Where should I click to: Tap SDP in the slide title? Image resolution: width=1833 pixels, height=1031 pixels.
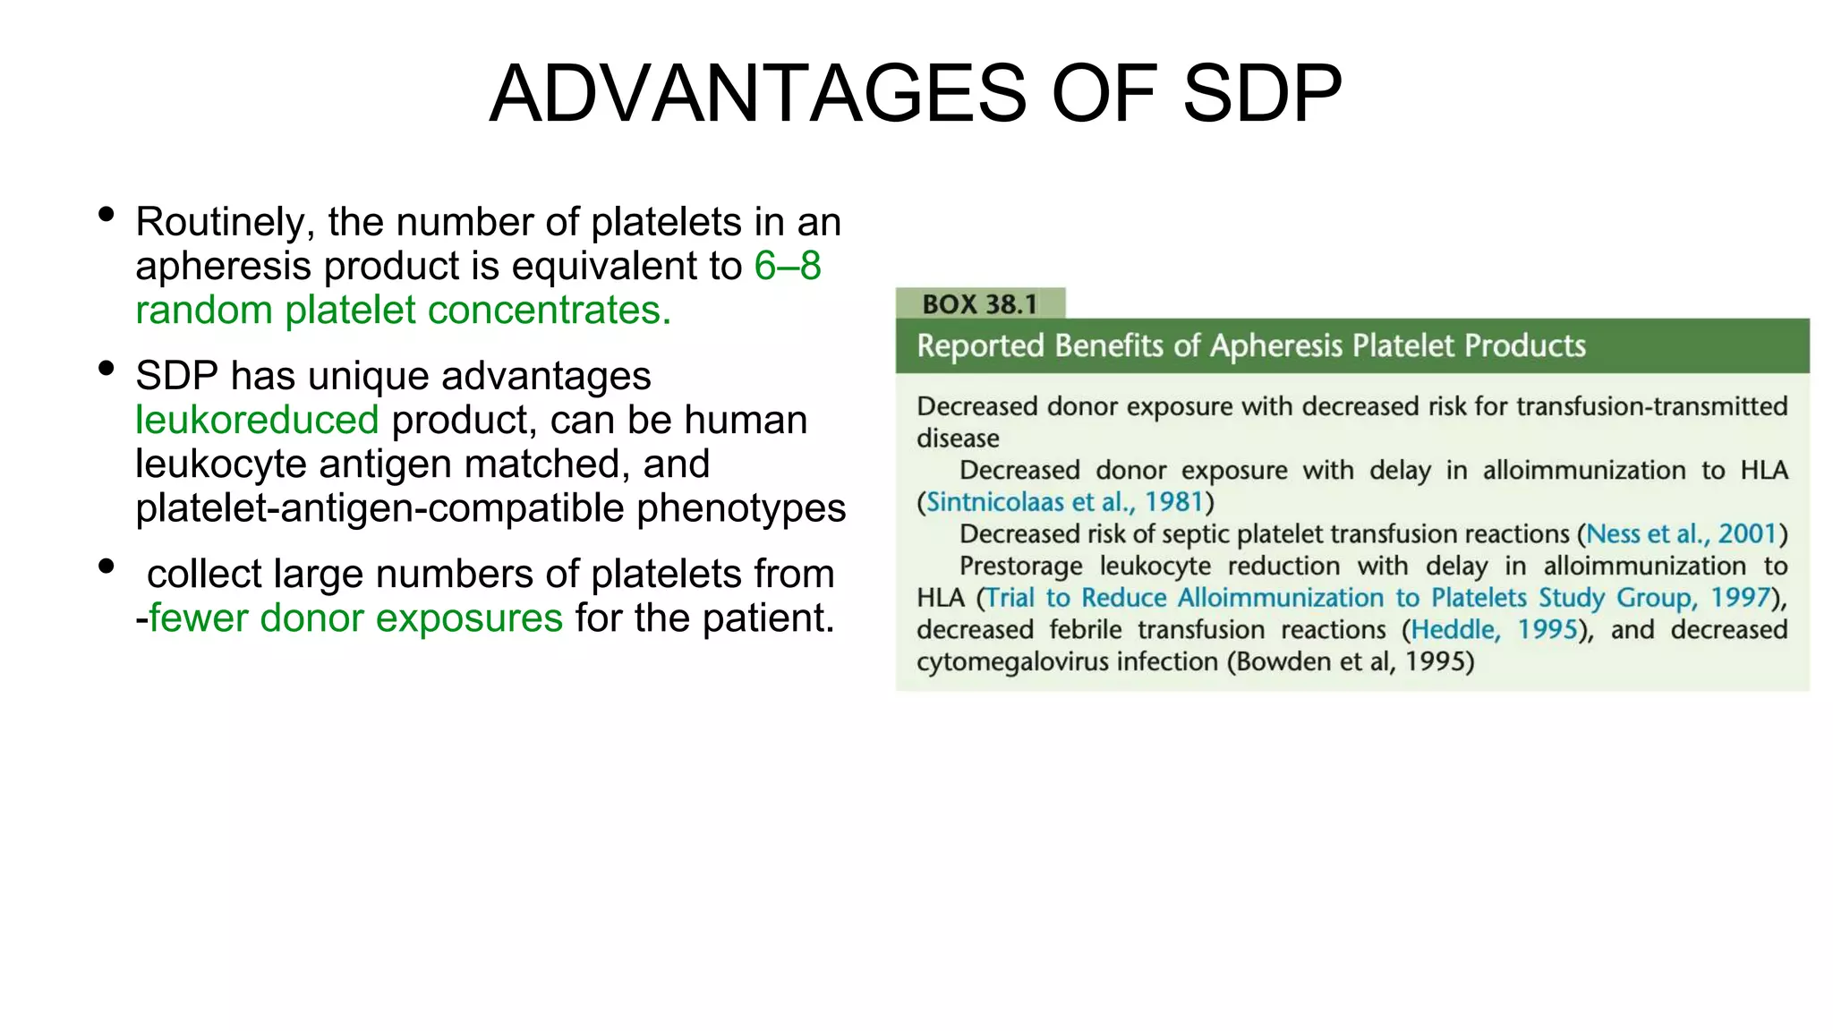click(x=1262, y=94)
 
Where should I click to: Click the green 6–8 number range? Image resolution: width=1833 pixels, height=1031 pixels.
click(x=788, y=266)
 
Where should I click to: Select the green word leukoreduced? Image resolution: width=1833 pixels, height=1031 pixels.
click(x=258, y=420)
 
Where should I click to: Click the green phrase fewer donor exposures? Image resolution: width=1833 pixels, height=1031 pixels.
click(x=355, y=618)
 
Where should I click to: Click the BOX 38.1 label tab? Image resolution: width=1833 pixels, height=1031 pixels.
click(x=980, y=304)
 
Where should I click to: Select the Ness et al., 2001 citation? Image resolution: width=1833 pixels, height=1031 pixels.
click(x=1681, y=534)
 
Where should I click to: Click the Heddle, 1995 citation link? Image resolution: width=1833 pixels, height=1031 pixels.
click(x=1494, y=630)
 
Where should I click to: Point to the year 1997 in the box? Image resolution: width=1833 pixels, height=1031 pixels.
click(x=1741, y=598)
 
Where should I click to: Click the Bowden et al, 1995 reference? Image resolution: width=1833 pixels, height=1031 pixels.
click(x=1351, y=662)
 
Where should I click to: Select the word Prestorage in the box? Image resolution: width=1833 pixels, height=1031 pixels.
click(x=1020, y=567)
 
